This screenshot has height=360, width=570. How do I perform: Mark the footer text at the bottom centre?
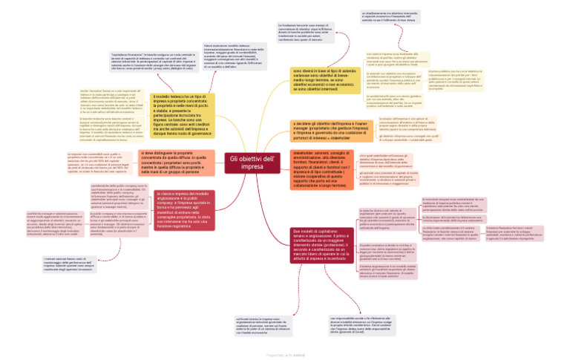click(285, 355)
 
